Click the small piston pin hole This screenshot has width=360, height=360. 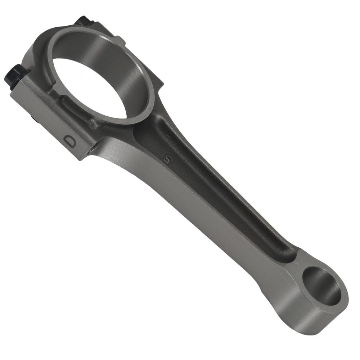click(321, 287)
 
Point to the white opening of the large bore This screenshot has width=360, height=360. click(90, 86)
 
